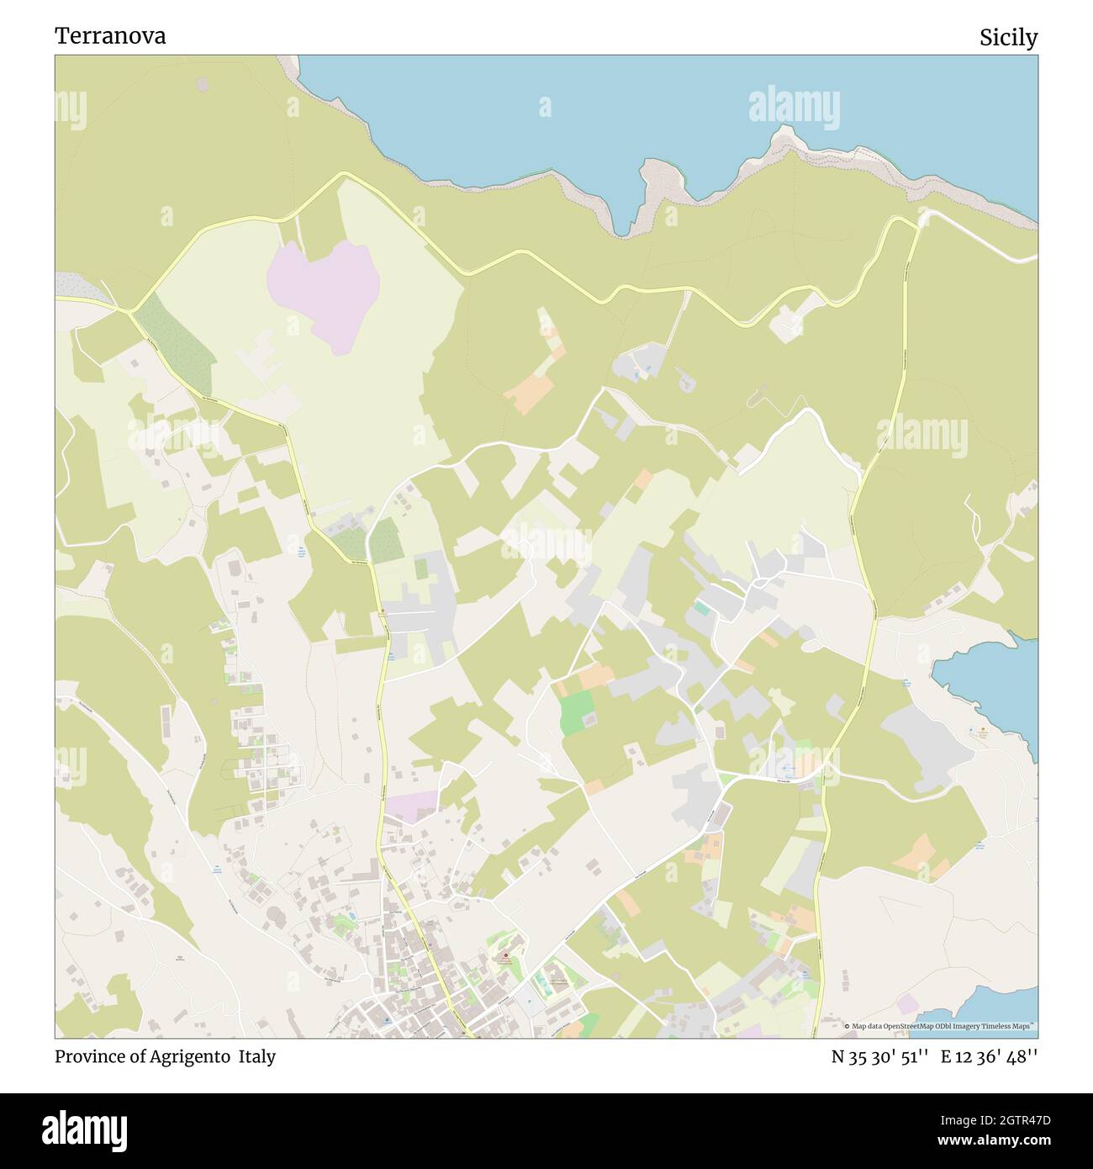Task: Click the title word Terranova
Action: coord(110,35)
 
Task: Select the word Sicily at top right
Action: coord(1008,37)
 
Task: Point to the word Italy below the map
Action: coord(256,1056)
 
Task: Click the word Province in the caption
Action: coord(87,1056)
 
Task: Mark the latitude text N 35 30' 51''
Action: coord(879,1056)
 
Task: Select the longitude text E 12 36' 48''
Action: coord(989,1056)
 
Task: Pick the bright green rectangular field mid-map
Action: coord(576,713)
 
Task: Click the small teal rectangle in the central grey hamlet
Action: coord(701,607)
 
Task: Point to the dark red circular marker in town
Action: coord(505,956)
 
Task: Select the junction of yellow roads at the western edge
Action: coord(129,312)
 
